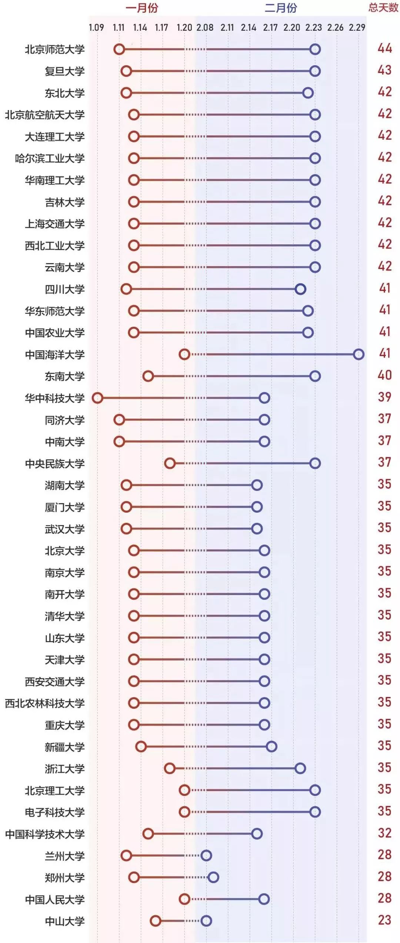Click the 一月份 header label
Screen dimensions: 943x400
click(141, 8)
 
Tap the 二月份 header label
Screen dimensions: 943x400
click(281, 8)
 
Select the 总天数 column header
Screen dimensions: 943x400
click(383, 8)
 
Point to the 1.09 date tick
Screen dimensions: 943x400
click(96, 27)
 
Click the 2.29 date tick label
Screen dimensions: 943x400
click(357, 27)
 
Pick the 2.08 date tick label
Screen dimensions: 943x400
click(205, 27)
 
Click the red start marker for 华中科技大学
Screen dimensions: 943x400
click(97, 398)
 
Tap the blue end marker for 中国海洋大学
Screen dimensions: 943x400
click(359, 354)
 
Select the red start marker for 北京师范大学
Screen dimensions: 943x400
click(119, 49)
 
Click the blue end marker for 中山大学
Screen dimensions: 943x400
click(206, 921)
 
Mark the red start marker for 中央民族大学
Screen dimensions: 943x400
click(170, 463)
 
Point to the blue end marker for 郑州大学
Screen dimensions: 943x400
click(213, 877)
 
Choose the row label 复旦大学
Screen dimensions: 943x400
click(65, 71)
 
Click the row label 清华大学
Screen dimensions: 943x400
click(65, 616)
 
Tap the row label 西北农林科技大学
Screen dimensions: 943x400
click(45, 703)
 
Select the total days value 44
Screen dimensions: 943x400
click(384, 48)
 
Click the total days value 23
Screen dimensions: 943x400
click(384, 920)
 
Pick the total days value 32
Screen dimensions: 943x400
click(384, 833)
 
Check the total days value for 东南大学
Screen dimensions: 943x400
click(384, 375)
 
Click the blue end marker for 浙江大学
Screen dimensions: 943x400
click(300, 768)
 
